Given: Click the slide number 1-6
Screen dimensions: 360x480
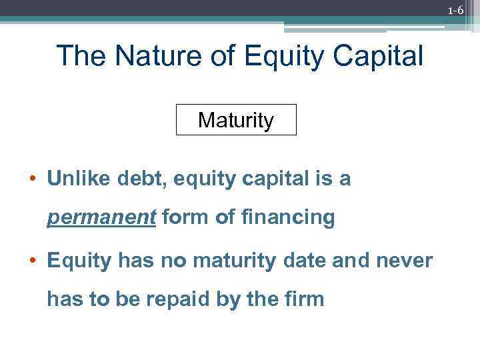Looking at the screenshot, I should [455, 10].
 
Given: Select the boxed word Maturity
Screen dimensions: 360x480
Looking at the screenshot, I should [236, 121].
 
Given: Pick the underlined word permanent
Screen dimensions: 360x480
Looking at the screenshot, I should [101, 218].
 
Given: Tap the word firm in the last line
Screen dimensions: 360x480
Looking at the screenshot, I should [305, 299].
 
